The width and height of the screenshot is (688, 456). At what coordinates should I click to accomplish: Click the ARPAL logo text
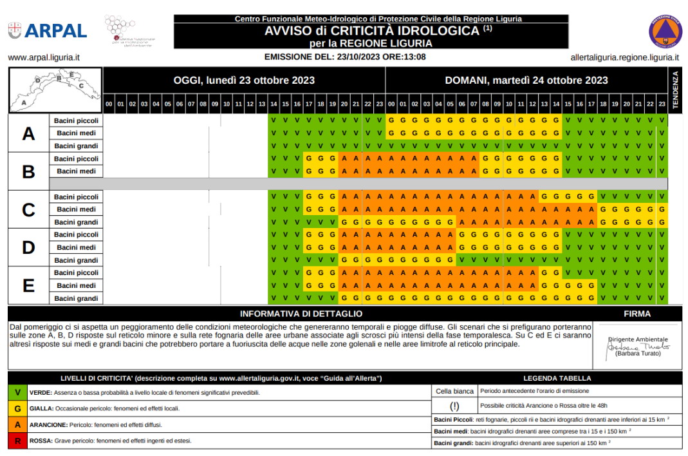point(57,30)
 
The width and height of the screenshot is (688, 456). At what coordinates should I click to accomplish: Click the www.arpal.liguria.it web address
point(44,57)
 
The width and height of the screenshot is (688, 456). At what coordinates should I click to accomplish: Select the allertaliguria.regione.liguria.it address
point(624,57)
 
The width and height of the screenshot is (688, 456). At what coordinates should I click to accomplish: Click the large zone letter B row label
point(28,171)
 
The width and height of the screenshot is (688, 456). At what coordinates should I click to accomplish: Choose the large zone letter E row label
point(28,285)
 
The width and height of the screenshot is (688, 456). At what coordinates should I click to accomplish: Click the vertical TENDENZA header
point(675,90)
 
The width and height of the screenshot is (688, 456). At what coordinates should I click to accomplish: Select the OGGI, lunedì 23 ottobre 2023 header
point(244,81)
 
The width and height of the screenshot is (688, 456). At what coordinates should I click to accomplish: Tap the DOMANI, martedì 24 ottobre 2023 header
point(526,81)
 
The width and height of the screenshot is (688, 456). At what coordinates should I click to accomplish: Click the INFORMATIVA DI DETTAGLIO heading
point(301,314)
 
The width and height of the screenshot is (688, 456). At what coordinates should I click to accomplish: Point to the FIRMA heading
point(637,314)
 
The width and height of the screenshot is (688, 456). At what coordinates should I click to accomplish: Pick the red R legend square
point(17,441)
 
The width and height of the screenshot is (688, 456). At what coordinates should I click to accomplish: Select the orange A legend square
point(17,425)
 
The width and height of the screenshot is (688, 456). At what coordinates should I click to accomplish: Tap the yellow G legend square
point(17,408)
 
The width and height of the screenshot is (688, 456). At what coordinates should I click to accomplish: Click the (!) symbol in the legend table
point(454,406)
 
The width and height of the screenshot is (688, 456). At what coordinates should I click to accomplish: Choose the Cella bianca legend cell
point(454,391)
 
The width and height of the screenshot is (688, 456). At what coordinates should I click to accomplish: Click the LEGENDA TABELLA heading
point(557,378)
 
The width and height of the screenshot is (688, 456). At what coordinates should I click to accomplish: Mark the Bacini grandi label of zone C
point(76,222)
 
